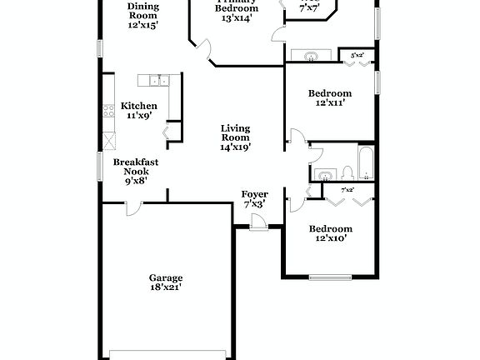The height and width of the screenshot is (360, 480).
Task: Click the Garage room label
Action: pos(166,277)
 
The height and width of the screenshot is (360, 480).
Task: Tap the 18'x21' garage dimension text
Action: pos(166,287)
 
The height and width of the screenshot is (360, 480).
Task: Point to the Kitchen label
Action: pos(138,106)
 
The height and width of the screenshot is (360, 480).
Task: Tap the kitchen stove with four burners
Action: pos(108,109)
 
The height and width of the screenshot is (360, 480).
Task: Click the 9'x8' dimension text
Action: pos(136,180)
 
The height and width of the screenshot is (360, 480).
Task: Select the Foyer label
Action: pos(254,194)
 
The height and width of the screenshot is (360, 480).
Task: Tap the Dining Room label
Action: pos(143,10)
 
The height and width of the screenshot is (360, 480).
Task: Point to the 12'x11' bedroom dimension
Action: pos(330,103)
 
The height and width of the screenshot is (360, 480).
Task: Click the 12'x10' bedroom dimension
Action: pos(330,238)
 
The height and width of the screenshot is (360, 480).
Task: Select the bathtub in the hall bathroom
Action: pos(367,163)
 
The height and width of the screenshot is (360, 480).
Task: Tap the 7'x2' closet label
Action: pos(347,191)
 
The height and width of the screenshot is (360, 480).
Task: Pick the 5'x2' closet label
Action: pos(357,55)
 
